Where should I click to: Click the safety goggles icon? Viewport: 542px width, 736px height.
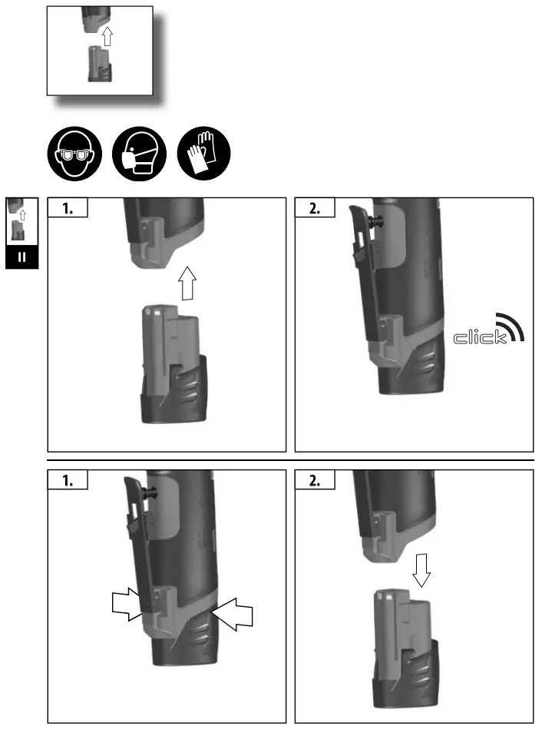pyautogui.click(x=75, y=154)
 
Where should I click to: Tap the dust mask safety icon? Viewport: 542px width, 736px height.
pyautogui.click(x=140, y=154)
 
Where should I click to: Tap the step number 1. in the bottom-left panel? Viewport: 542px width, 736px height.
pyautogui.click(x=68, y=482)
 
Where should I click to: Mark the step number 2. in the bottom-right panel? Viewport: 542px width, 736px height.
pyautogui.click(x=315, y=482)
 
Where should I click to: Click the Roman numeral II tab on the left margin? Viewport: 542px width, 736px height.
pyautogui.click(x=21, y=257)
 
